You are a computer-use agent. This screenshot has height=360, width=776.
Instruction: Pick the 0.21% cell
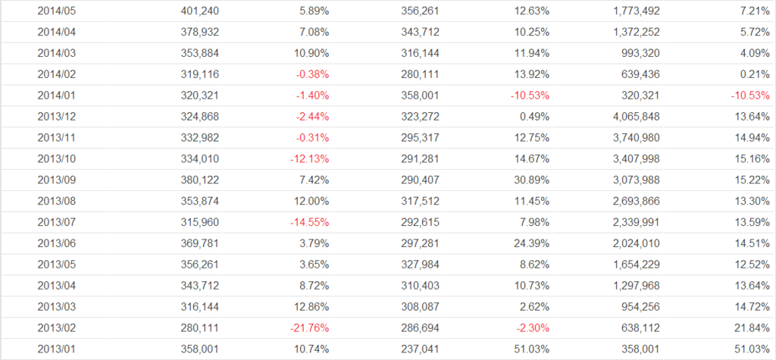[755, 75]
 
